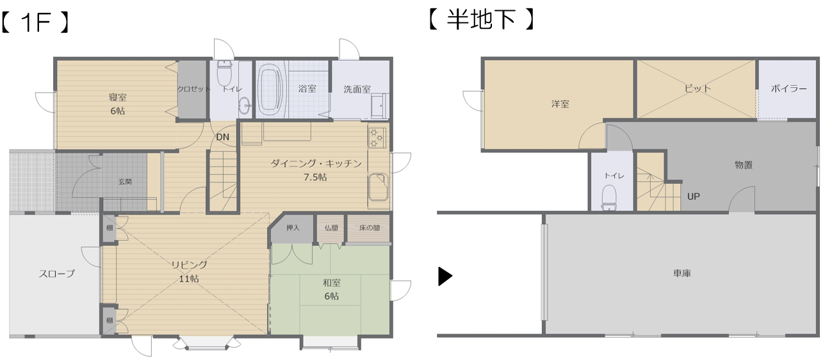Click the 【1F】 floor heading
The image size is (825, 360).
click(35, 22)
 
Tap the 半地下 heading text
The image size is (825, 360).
click(481, 19)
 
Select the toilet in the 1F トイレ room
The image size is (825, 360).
click(224, 73)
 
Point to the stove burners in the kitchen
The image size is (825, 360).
click(377, 138)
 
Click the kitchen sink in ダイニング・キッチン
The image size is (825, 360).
click(378, 187)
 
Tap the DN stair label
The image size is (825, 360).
click(222, 137)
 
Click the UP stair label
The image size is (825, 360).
click(693, 197)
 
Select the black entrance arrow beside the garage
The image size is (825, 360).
click(445, 276)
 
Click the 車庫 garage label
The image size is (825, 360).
click(682, 273)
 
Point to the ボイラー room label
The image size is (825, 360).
click(788, 88)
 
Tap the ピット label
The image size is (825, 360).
click(697, 88)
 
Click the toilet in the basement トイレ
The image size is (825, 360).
click(609, 197)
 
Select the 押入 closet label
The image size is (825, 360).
click(293, 227)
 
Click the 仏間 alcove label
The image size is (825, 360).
click(331, 227)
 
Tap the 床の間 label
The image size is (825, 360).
click(370, 227)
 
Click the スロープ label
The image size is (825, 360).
click(57, 274)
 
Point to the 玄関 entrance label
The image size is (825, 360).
click(126, 182)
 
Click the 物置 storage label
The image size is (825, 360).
click(744, 165)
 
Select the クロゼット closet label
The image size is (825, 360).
click(193, 89)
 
